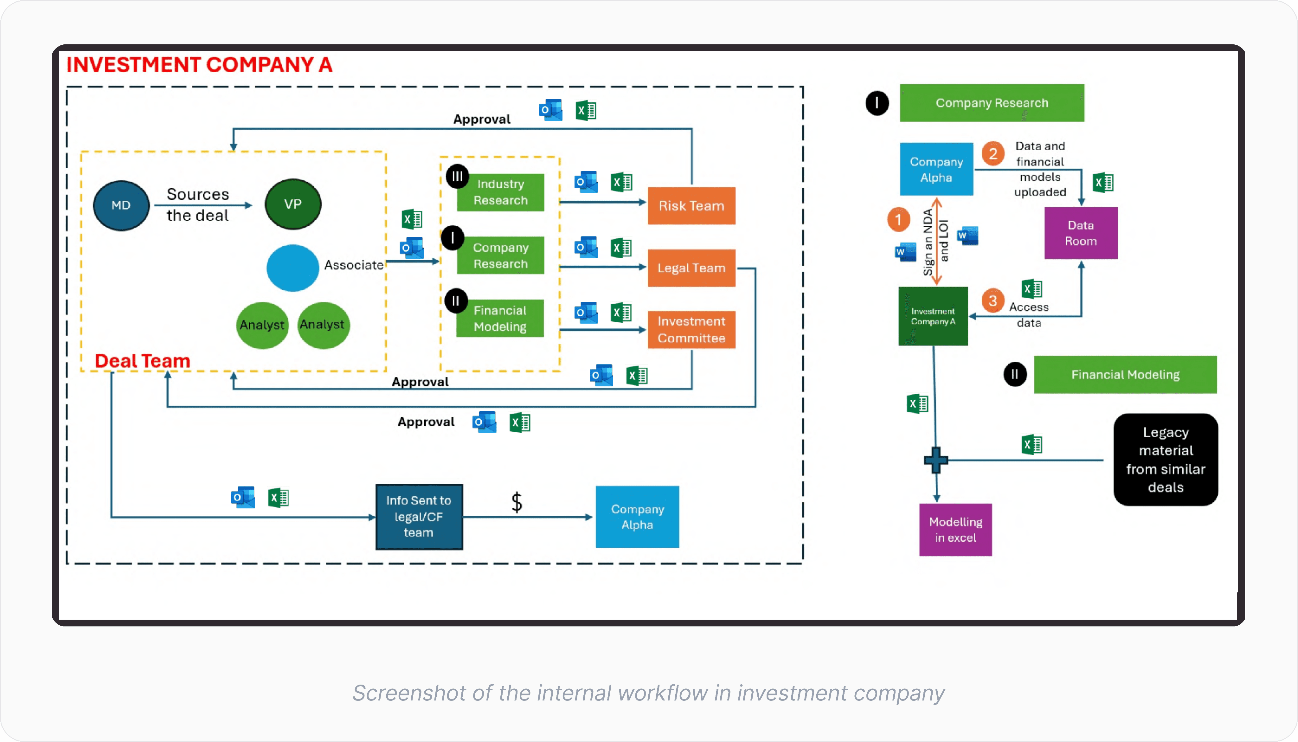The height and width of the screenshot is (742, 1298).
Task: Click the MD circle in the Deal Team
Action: point(121,205)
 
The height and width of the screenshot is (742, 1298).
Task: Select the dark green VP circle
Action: point(293,204)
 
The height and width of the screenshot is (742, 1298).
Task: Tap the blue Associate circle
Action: point(292,268)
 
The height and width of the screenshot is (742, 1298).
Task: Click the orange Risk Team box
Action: point(691,206)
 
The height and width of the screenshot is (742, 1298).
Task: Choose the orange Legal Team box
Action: point(691,268)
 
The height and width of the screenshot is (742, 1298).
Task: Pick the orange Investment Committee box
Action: point(691,330)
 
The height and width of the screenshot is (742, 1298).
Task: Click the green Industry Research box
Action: point(500,192)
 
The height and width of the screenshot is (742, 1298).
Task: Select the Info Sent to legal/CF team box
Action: point(419,517)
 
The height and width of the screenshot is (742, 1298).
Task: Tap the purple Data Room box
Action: point(1081,233)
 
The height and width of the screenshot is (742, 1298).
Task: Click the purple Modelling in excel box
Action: point(955,530)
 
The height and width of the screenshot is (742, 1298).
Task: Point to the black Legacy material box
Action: point(1166,460)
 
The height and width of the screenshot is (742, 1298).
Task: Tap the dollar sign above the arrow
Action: point(517,502)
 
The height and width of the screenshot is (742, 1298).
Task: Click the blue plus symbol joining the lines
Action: point(936,460)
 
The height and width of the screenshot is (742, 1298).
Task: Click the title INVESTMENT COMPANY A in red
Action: point(199,65)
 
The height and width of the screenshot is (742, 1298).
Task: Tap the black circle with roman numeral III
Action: point(458,176)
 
